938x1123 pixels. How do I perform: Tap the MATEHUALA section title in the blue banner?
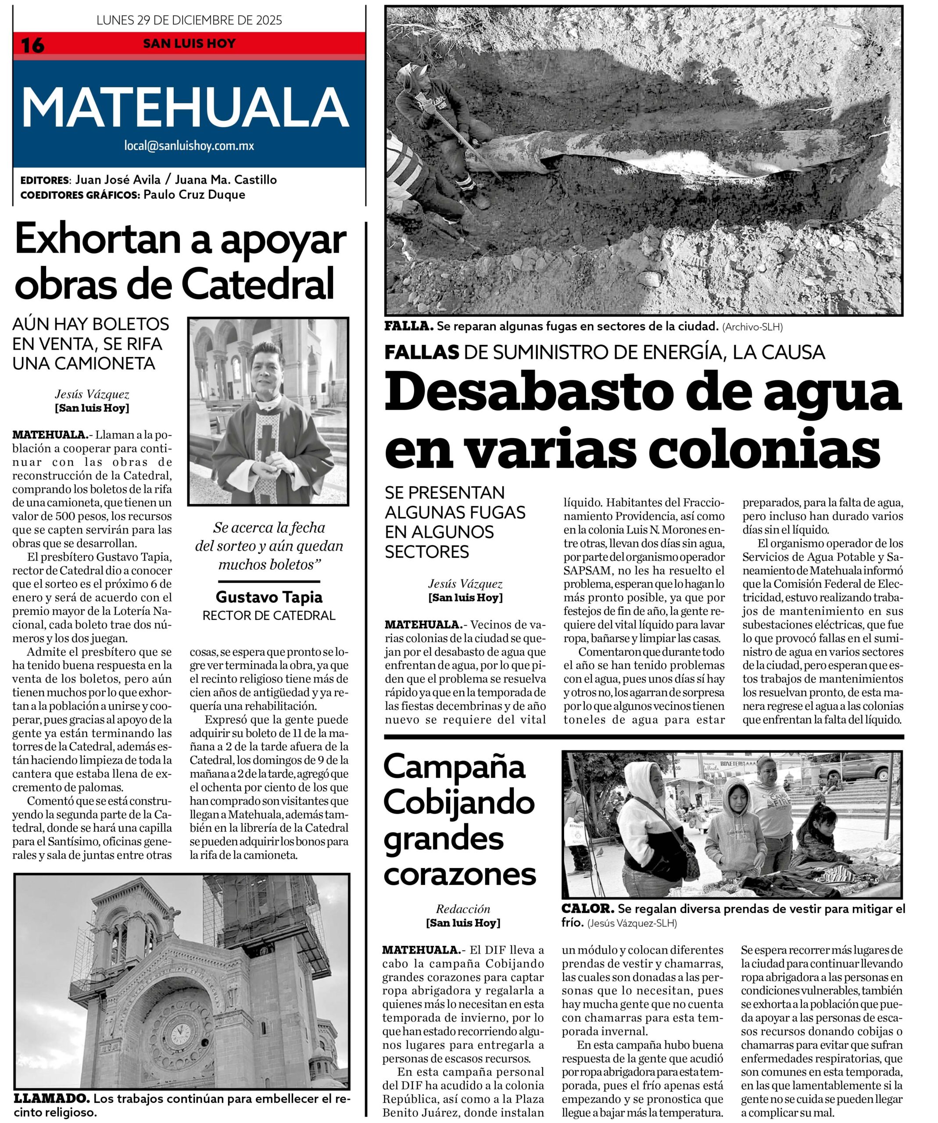tap(185, 107)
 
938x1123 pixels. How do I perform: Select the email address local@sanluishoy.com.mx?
tap(189, 146)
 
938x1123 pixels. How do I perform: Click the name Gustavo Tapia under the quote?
tap(269, 597)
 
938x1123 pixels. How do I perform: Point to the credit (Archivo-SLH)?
tap(752, 327)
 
